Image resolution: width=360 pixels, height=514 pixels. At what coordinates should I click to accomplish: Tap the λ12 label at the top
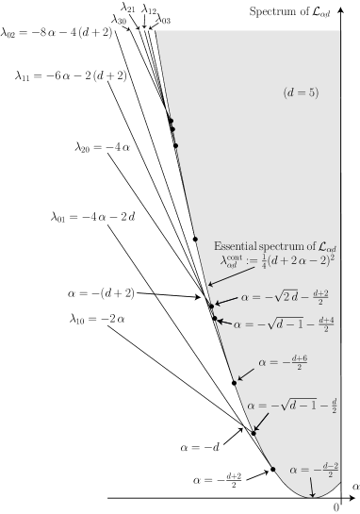coord(149,9)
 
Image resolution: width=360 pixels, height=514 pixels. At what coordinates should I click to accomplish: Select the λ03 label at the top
coord(163,19)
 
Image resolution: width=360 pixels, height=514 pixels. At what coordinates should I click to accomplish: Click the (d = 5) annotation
coord(301,91)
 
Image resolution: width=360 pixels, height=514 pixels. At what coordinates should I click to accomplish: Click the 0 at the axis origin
coord(336,506)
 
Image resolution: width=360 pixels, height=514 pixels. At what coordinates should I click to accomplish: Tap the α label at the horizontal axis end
coord(353,484)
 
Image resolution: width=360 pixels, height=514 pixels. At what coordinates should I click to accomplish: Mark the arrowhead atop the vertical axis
coord(340,7)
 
